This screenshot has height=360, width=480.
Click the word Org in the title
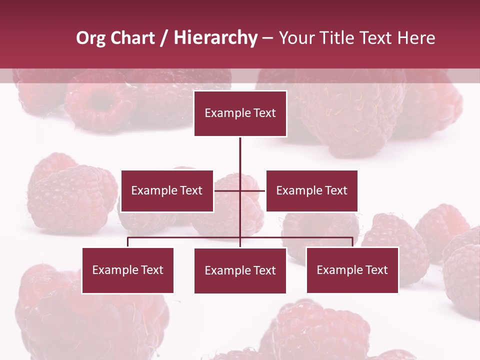[x=90, y=38]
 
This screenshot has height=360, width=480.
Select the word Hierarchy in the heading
[x=215, y=38]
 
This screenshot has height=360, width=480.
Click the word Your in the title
[x=296, y=38]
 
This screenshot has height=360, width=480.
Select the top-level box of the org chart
[x=240, y=113]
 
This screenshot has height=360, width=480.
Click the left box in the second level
[x=167, y=191]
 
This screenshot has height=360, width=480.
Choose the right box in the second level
[x=311, y=191]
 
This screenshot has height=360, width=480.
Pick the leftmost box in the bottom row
[x=128, y=270]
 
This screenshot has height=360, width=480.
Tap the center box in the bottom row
[x=240, y=271]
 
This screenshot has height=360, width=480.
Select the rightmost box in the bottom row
[x=352, y=270]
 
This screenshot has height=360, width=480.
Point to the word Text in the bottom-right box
[x=376, y=270]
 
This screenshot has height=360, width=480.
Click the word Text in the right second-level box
[x=336, y=191]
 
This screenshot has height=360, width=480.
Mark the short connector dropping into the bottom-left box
[x=128, y=242]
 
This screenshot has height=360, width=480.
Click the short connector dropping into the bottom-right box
[x=352, y=242]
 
